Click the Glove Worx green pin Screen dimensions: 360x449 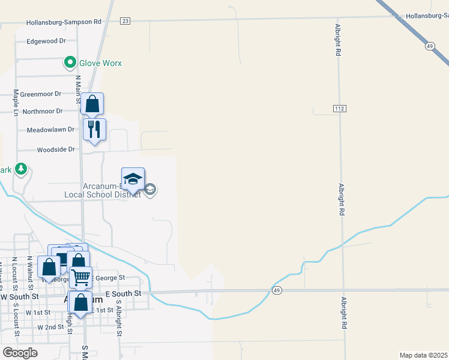(x=70, y=62)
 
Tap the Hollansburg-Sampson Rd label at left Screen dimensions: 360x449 (x=64, y=22)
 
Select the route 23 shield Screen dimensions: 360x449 (x=125, y=21)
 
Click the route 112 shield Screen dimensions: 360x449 (x=339, y=107)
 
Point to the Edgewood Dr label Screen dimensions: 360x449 (x=46, y=41)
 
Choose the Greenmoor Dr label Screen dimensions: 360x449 (x=41, y=94)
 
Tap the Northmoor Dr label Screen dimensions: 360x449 (x=42, y=111)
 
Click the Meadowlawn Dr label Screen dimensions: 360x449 (x=50, y=130)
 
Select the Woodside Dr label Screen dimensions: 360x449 (x=56, y=149)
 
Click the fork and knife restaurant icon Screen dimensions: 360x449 (x=94, y=130)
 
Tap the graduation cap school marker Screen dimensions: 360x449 (x=133, y=179)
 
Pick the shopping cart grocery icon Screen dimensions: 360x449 (x=80, y=277)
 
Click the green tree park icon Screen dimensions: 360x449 (x=22, y=169)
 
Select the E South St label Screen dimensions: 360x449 (x=122, y=293)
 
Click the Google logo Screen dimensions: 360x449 (x=20, y=353)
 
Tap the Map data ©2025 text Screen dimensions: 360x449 (x=424, y=355)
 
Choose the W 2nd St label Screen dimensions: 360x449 (x=50, y=328)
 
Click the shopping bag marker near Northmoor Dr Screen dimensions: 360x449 (x=92, y=104)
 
